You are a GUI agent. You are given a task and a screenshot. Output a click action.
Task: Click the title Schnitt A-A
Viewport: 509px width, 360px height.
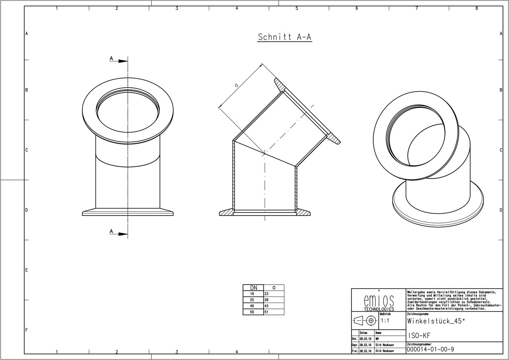(x=284, y=37)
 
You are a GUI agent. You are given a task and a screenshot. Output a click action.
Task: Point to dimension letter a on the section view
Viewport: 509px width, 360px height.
(x=236, y=85)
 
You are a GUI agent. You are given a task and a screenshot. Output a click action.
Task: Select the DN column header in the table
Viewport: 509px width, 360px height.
(x=253, y=287)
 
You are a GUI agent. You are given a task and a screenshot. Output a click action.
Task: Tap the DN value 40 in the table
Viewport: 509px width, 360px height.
(x=252, y=306)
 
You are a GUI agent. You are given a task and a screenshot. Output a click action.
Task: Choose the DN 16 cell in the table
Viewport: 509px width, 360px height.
(x=252, y=294)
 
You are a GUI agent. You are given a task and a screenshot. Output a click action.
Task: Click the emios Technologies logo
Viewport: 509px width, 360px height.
(x=379, y=302)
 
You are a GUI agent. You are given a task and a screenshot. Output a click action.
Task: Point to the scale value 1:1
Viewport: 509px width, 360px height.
(x=385, y=321)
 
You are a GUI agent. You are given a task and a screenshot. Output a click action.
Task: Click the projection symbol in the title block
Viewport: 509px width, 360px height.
(x=365, y=321)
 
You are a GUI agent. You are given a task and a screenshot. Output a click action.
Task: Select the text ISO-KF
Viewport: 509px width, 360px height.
(x=419, y=336)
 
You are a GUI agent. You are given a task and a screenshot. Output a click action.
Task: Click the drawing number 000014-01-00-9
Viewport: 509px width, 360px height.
(x=430, y=349)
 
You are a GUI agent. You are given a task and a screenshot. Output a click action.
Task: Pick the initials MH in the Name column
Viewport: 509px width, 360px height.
(x=377, y=339)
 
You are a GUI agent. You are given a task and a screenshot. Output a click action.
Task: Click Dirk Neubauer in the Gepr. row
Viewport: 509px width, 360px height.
(x=385, y=345)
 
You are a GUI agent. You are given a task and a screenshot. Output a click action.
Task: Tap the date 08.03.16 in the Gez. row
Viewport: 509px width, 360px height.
(x=365, y=339)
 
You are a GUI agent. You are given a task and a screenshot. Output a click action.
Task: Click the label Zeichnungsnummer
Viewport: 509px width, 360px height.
(x=419, y=344)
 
